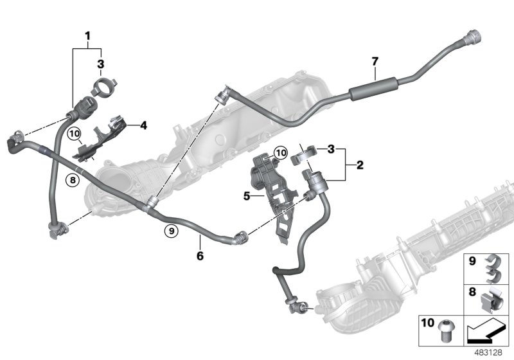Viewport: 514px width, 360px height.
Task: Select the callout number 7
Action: click(x=375, y=62)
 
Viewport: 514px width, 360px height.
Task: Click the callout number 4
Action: click(x=143, y=126)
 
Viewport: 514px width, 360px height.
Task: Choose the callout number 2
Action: click(x=360, y=165)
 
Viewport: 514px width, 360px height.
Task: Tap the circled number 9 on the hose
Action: click(x=170, y=230)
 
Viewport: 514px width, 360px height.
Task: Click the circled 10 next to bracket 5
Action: click(x=280, y=152)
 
